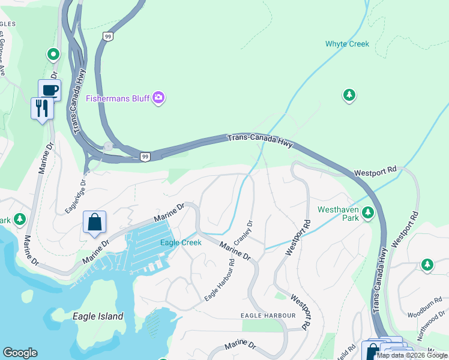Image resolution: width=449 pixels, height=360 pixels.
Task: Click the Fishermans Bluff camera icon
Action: (158, 97)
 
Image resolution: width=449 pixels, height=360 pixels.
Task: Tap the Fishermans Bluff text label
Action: (118, 98)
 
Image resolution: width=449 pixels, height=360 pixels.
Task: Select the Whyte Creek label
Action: (347, 44)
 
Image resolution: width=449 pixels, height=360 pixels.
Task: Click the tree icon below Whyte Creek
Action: (349, 95)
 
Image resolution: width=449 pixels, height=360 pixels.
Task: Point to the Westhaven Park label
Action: (339, 214)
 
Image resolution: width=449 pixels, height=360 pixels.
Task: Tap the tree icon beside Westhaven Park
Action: (368, 212)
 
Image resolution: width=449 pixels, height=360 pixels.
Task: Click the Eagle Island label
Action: (97, 316)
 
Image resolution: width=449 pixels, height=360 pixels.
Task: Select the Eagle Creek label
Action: (181, 242)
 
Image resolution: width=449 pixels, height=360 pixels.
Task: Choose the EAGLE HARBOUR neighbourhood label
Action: (268, 316)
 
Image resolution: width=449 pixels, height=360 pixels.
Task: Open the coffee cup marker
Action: (50, 91)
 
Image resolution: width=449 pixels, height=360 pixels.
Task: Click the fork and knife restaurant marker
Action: (42, 109)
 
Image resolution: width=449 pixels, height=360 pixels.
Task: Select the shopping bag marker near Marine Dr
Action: (95, 222)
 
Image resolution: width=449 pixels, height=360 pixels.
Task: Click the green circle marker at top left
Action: (53, 55)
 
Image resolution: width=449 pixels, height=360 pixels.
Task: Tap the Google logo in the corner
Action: (20, 353)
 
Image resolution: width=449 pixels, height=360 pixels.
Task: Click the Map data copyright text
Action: (412, 355)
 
